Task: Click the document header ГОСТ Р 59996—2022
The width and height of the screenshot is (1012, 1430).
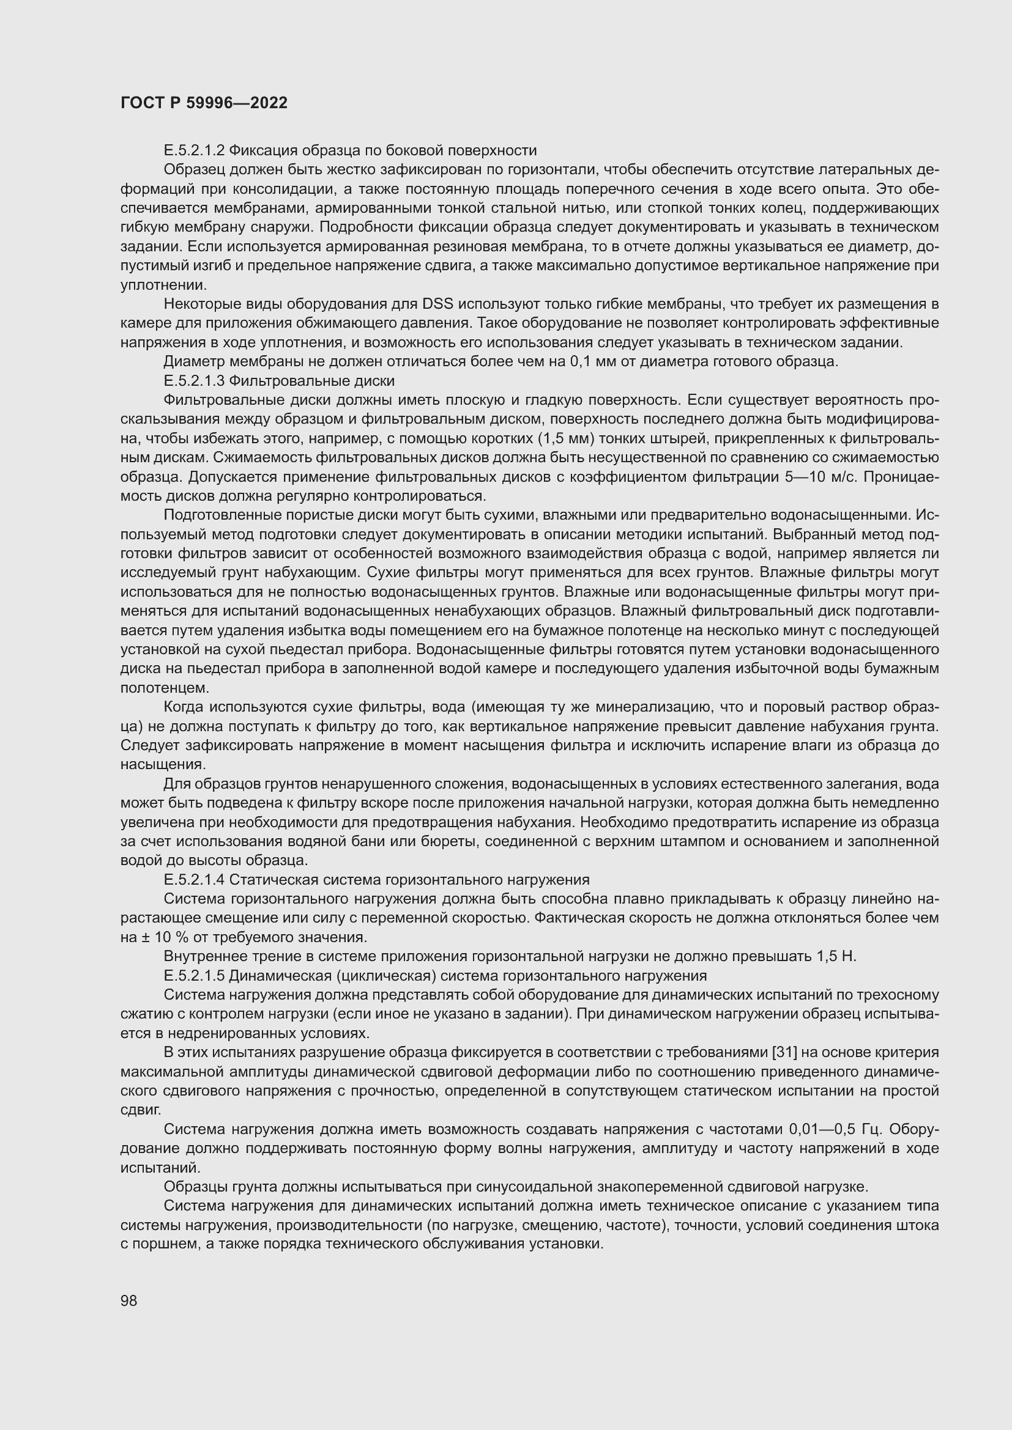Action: click(x=204, y=103)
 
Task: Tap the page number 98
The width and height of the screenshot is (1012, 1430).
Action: click(x=129, y=1300)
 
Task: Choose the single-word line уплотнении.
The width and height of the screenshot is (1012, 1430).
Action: click(x=163, y=286)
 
